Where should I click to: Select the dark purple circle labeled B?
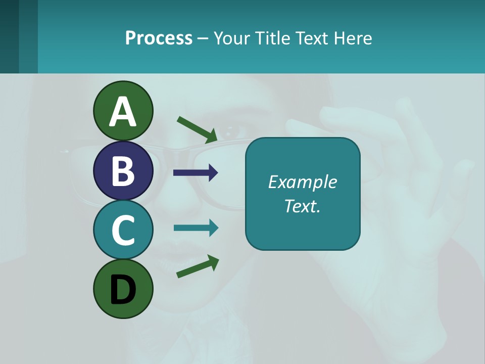click(x=123, y=170)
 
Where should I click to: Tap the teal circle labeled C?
click(x=123, y=230)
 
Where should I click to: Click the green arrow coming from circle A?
click(x=197, y=128)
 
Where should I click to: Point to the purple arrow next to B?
click(x=196, y=173)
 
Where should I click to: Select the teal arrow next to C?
click(x=196, y=228)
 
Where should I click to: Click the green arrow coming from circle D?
click(x=198, y=266)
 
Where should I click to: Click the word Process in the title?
click(x=159, y=38)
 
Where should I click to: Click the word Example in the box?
click(x=302, y=182)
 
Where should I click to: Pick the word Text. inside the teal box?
click(x=302, y=206)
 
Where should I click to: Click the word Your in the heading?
click(x=230, y=38)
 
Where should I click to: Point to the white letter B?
click(x=123, y=171)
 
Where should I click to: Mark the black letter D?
click(x=123, y=290)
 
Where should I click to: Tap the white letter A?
click(x=123, y=112)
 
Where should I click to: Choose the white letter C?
click(x=123, y=230)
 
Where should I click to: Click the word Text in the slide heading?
click(x=311, y=38)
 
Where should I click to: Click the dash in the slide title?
click(x=203, y=38)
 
